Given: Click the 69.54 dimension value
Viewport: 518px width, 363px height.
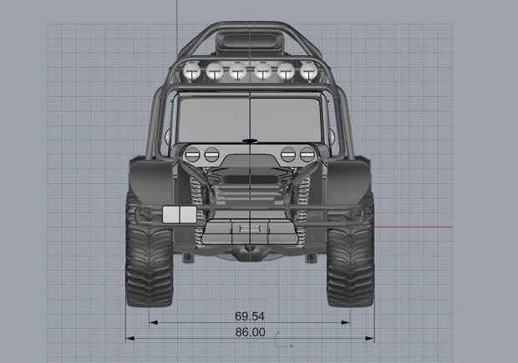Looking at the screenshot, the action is pos(250,316).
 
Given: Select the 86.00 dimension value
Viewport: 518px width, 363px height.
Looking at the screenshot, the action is pos(250,332).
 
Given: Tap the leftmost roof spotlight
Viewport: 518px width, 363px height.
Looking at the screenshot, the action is pos(192,71).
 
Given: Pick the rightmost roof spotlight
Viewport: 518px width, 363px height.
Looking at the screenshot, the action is pos(309,71).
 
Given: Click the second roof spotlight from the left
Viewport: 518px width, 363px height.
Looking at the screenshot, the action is pos(215,71).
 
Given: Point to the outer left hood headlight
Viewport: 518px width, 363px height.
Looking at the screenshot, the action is pos(192,155).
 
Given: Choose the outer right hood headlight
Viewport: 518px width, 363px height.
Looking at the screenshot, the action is pos(307,155).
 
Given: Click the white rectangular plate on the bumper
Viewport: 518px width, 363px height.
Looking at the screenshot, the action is pos(180,214).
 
